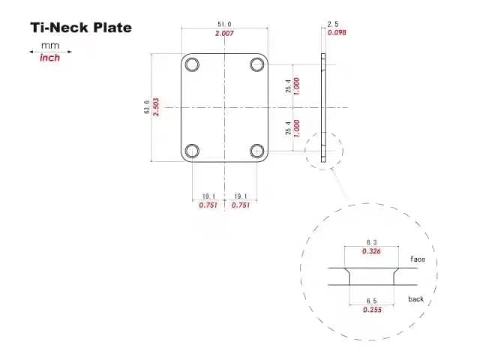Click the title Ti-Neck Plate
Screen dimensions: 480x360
81,28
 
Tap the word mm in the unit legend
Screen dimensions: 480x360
50,46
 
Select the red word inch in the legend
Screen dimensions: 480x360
50,58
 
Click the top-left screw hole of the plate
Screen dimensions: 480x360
192,64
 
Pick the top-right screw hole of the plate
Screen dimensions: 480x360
257,64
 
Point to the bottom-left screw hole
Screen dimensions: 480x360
192,151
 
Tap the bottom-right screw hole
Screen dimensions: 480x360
257,151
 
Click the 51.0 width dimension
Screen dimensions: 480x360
224,24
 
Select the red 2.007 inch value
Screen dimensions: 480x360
224,33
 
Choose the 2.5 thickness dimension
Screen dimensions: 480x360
333,24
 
